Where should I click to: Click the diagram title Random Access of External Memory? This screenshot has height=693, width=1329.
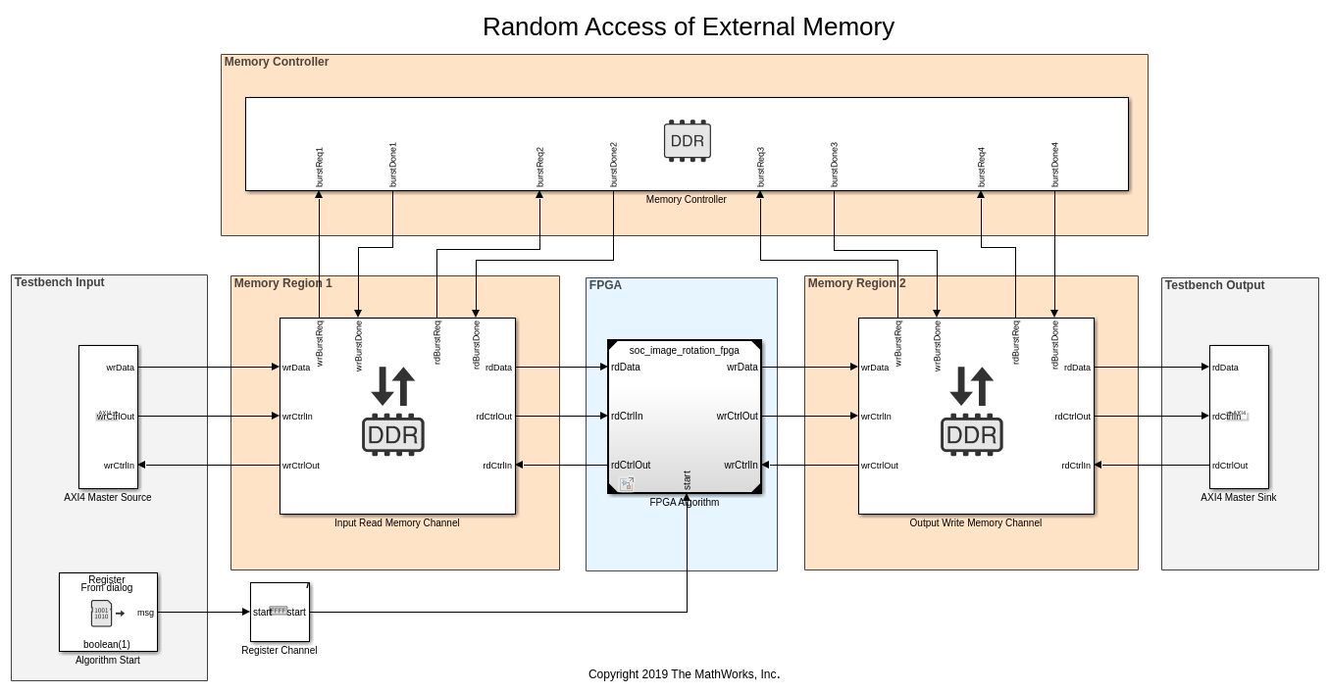pos(688,26)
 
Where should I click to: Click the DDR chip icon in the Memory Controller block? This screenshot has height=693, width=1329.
pos(687,140)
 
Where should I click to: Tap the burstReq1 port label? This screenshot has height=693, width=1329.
pos(319,168)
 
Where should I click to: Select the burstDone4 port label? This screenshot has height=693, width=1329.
pos(1054,165)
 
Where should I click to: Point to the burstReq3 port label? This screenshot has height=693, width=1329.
pos(760,168)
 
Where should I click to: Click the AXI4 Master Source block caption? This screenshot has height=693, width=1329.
pos(108,497)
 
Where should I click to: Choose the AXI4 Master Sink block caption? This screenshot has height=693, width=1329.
pos(1238,497)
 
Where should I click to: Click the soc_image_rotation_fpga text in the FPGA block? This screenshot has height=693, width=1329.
pos(684,350)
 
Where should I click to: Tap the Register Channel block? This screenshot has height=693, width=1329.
pos(280,612)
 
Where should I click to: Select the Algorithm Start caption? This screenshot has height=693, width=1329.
pos(108,660)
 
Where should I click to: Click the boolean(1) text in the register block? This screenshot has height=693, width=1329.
pos(107,644)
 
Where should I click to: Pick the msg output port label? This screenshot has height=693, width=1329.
pos(145,613)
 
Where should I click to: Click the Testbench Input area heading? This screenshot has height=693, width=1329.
pos(59,282)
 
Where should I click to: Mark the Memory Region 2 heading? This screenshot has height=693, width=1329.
pos(856,283)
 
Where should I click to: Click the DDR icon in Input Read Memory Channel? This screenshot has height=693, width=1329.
pos(392,434)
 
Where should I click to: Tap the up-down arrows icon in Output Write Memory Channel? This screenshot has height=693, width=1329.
pos(971,386)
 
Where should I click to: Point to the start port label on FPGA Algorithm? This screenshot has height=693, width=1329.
pos(687,480)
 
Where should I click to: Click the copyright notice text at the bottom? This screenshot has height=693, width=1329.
pos(684,674)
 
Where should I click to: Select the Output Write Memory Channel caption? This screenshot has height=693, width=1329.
pos(975,522)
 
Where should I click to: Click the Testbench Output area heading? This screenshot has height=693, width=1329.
pos(1214,285)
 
